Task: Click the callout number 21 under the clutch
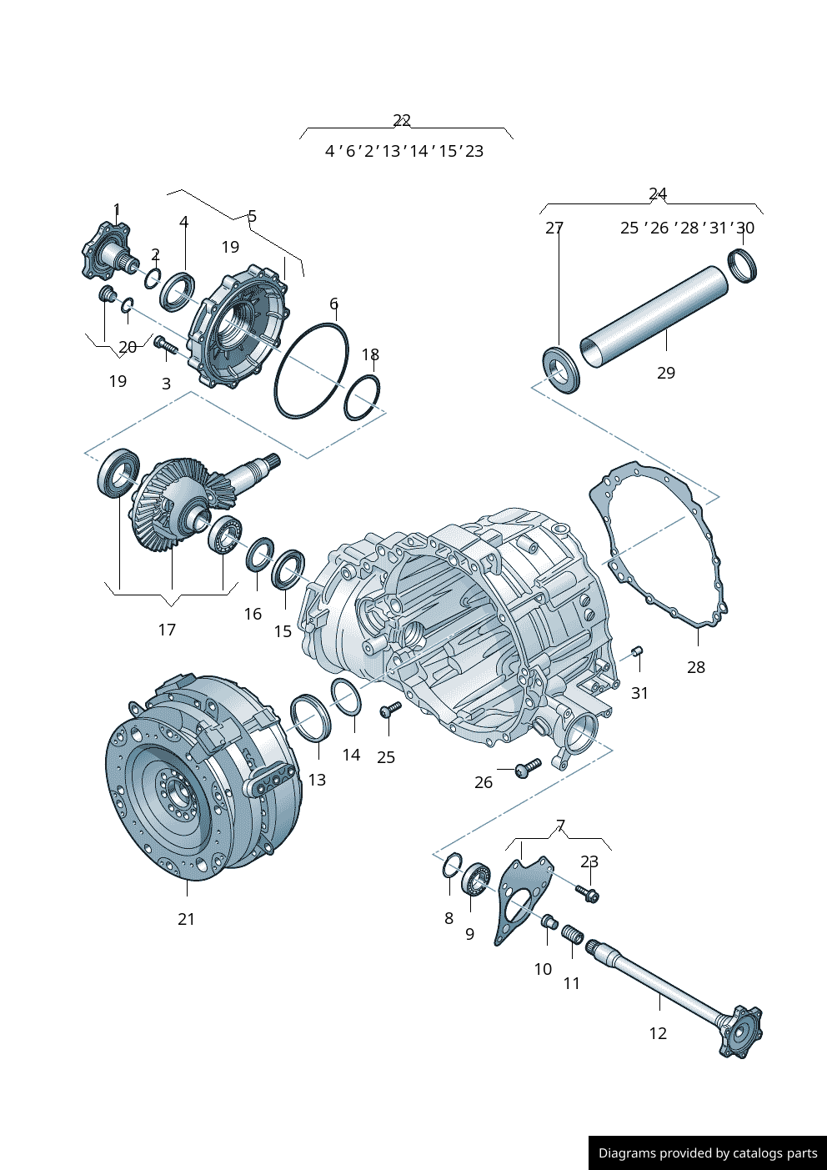186,919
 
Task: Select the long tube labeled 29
654,315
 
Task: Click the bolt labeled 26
528,766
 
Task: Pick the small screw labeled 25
389,710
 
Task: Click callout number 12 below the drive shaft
658,1033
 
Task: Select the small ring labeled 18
362,398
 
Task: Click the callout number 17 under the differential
167,630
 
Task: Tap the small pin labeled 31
637,651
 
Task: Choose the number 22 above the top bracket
402,120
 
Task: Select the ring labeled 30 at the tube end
742,265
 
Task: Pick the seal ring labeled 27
560,368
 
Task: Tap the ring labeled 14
346,696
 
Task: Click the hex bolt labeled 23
588,894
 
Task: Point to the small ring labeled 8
452,866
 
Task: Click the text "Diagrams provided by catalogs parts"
708,1153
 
